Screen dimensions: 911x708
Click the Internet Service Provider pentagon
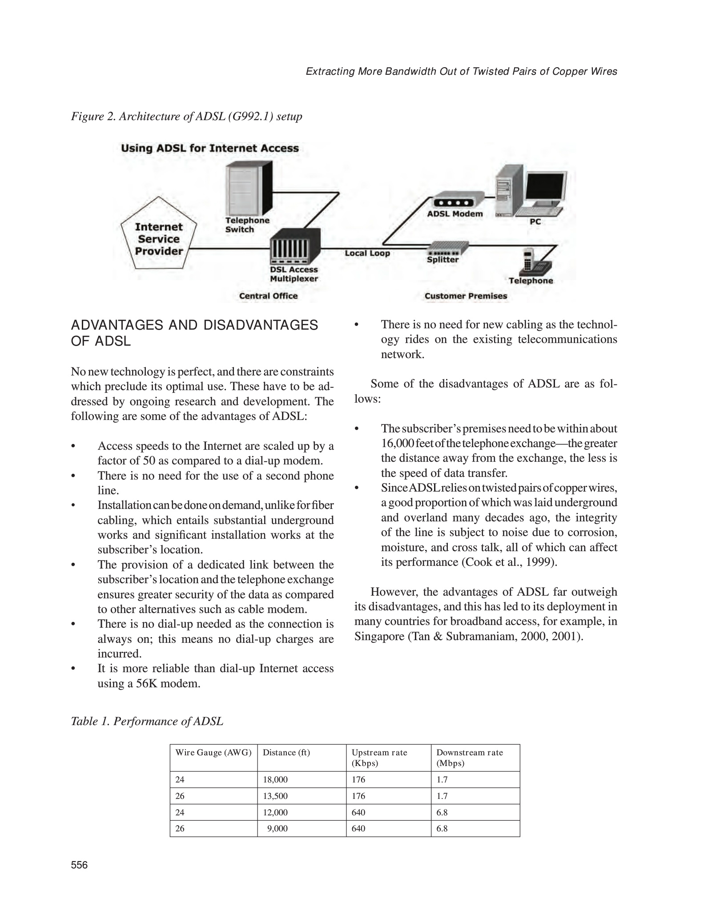159,238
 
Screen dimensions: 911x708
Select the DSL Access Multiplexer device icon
294,247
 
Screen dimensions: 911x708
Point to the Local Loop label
367,253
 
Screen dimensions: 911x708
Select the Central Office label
268,296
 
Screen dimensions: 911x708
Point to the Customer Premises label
466,296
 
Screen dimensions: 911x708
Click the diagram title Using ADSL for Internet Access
210,148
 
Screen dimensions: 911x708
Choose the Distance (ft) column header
286,753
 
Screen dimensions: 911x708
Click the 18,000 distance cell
275,780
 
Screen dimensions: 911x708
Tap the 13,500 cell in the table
275,796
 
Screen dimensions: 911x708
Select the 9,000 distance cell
277,829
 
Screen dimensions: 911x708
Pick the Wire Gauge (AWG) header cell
213,753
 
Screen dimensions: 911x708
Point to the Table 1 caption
147,721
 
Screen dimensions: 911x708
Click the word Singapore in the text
378,637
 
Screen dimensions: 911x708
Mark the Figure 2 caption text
187,117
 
